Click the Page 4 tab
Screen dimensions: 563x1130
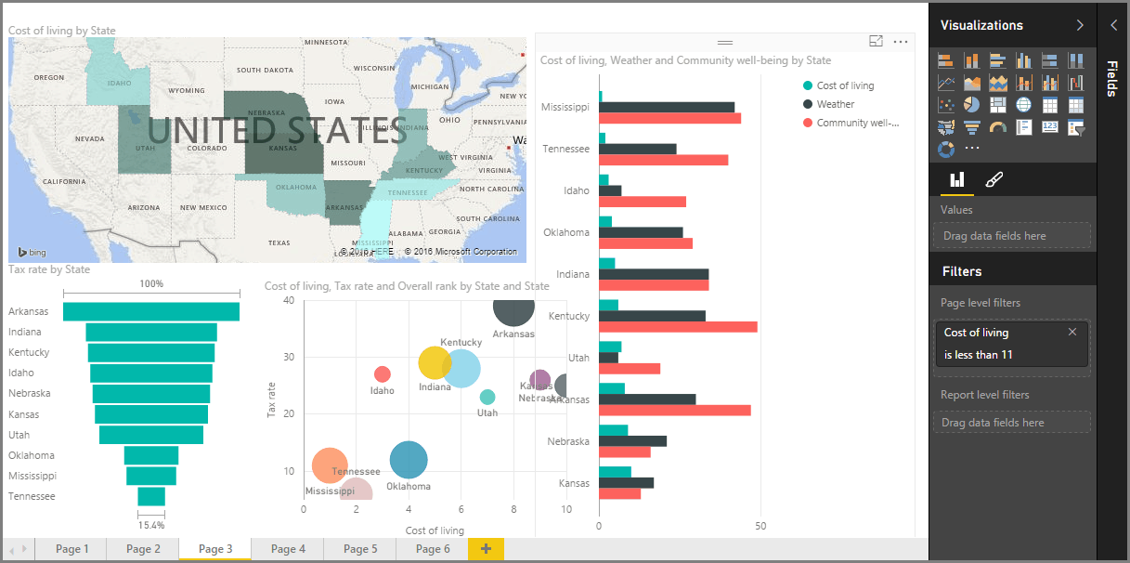click(288, 549)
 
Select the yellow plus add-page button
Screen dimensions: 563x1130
click(486, 549)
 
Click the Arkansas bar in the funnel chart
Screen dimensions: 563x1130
click(151, 311)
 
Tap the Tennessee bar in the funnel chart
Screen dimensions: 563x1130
click(151, 496)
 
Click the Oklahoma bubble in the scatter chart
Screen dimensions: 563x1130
click(409, 459)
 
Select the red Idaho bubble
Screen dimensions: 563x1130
click(382, 373)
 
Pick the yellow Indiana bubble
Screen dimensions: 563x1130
click(435, 363)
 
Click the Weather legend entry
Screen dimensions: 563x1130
click(835, 104)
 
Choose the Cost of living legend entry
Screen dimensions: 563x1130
click(844, 85)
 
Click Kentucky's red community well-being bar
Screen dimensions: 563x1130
click(678, 327)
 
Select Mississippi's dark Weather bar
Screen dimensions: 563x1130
click(667, 107)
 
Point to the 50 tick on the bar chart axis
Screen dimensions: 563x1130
click(760, 527)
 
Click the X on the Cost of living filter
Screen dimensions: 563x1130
click(1072, 332)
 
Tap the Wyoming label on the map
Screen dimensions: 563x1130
click(187, 91)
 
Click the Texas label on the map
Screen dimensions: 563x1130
click(279, 242)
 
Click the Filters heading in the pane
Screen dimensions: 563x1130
click(962, 271)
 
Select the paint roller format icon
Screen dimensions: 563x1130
click(994, 179)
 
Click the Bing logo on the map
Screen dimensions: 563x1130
click(32, 253)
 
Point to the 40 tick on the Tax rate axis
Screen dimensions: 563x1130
click(288, 300)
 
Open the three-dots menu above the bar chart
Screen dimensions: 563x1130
click(900, 42)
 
